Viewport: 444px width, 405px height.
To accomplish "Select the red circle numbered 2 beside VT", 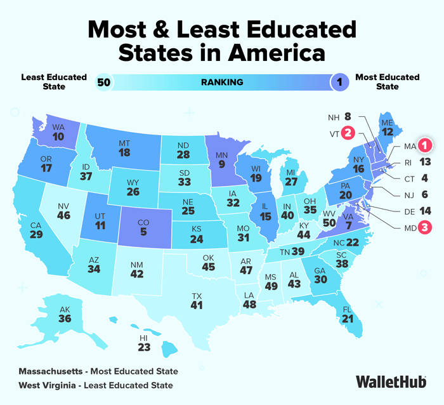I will coord(348,133).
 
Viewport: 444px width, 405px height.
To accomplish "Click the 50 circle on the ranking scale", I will coord(103,82).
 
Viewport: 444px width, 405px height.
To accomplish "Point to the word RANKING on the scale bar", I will coord(222,82).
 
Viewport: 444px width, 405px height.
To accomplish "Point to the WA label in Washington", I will coord(58,126).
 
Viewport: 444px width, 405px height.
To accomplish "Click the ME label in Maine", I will coord(386,121).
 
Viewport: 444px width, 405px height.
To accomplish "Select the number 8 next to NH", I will coord(348,116).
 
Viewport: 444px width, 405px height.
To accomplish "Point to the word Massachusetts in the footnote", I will coord(54,371).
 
